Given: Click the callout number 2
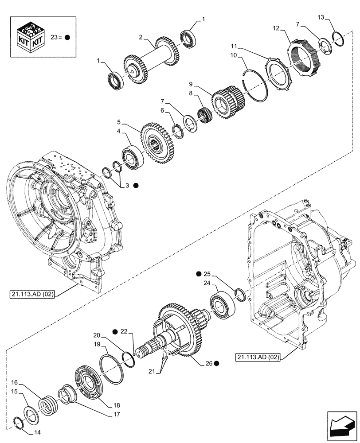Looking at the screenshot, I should coord(141,38).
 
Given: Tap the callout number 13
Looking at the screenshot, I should coord(321,17).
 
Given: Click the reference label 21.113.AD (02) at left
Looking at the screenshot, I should coord(31,294).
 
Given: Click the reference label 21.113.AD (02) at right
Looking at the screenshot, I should coord(257,358).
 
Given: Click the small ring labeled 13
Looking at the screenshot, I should coord(340,39).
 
